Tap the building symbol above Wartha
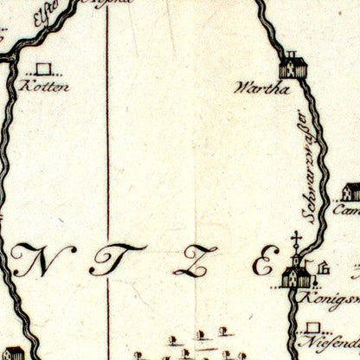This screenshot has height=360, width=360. coord(292,67)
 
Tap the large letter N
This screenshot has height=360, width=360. coord(35,262)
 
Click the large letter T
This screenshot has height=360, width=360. coord(106,263)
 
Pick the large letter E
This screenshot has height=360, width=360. coord(262,264)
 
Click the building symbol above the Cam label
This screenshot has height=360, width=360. coord(350,192)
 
